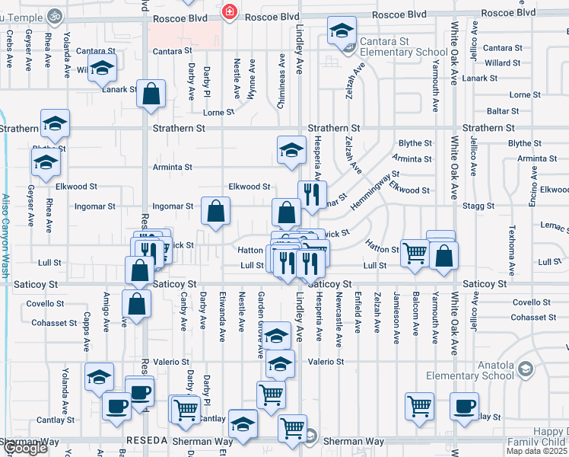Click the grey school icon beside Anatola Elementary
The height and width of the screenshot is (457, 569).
525,369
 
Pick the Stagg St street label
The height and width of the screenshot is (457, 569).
479,206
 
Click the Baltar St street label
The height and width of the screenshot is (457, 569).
502,111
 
